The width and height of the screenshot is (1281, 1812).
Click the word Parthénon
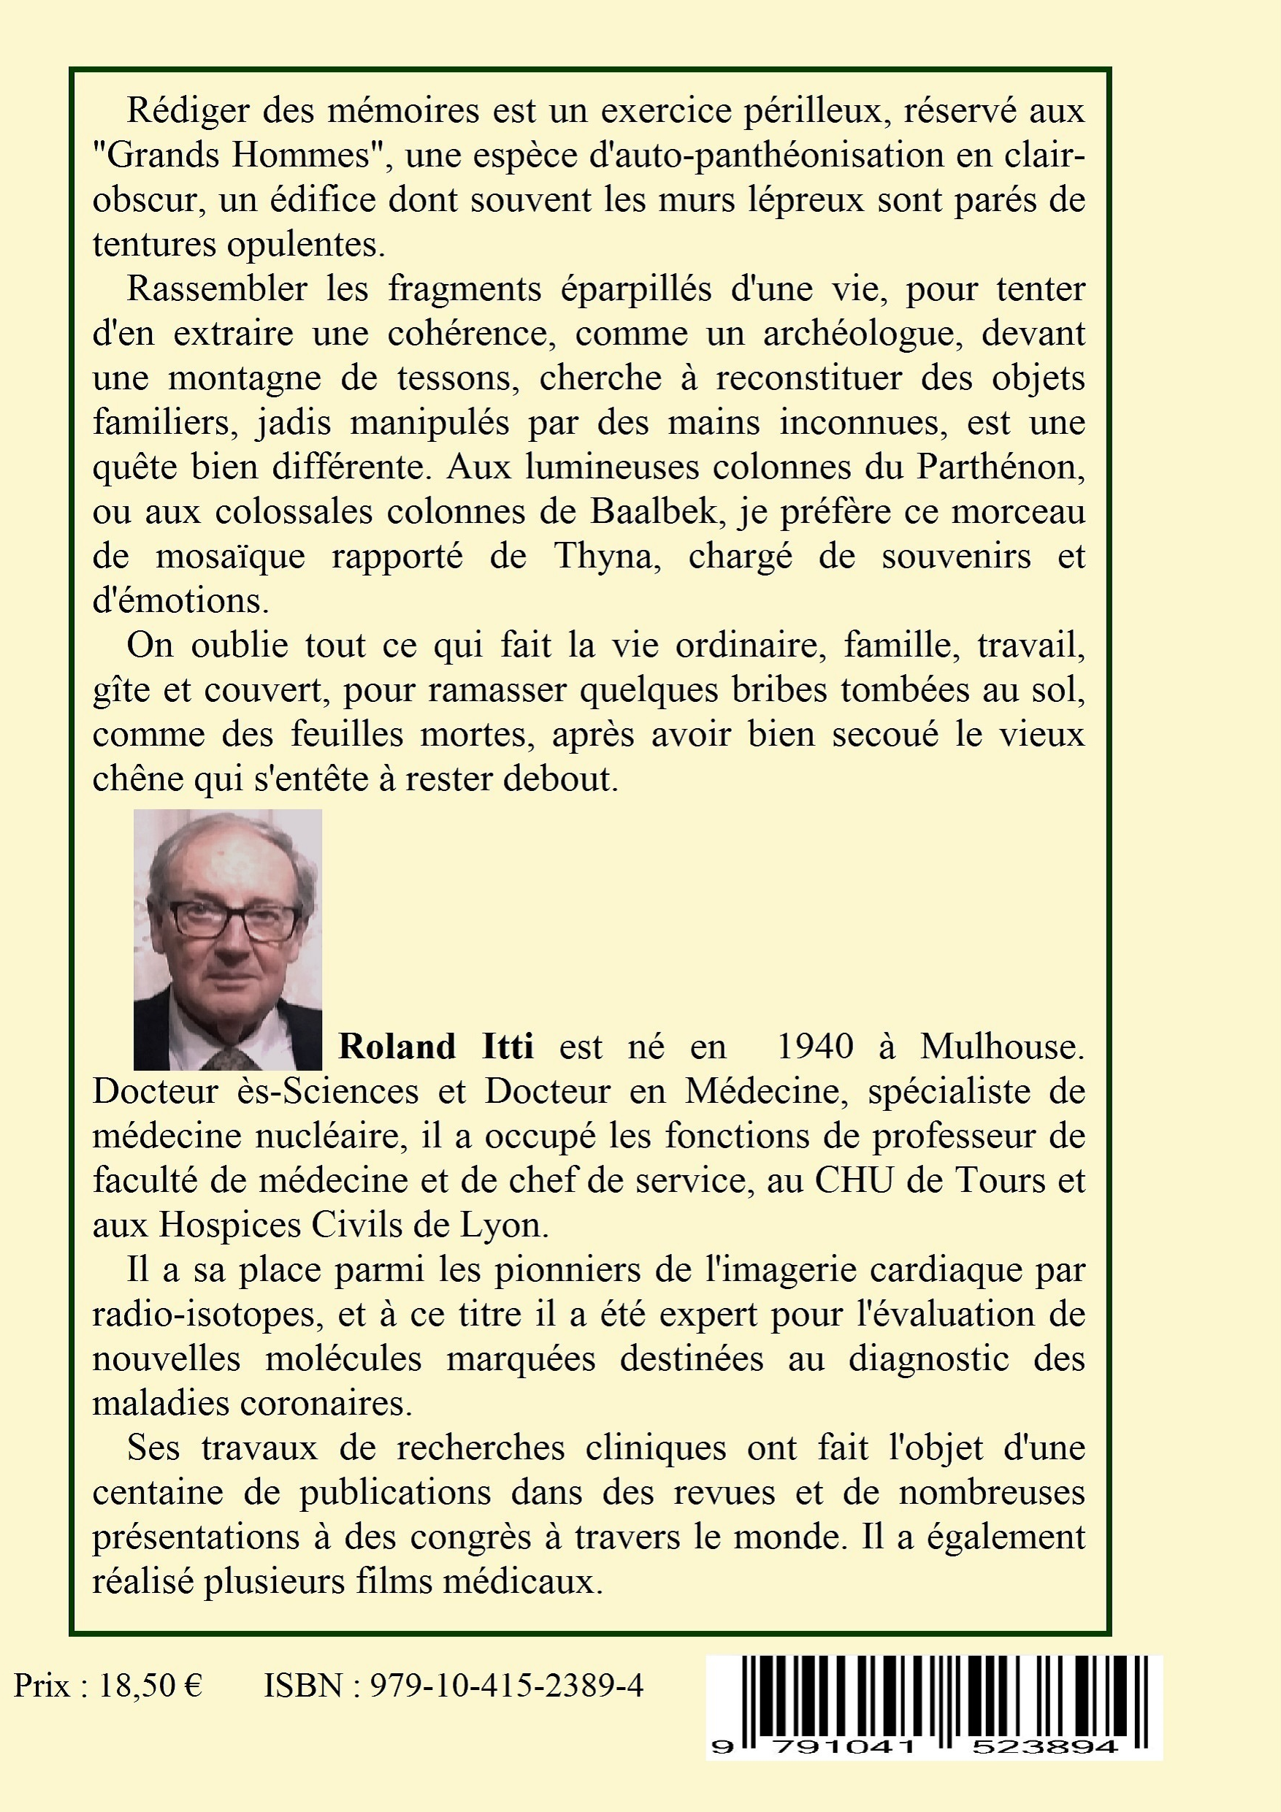1000,467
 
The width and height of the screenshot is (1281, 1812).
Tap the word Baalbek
654,512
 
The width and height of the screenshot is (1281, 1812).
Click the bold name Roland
397,1047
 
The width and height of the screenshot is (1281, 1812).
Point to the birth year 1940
815,1047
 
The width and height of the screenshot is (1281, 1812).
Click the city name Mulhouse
1001,1047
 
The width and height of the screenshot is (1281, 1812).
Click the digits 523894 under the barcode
1044,1747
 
